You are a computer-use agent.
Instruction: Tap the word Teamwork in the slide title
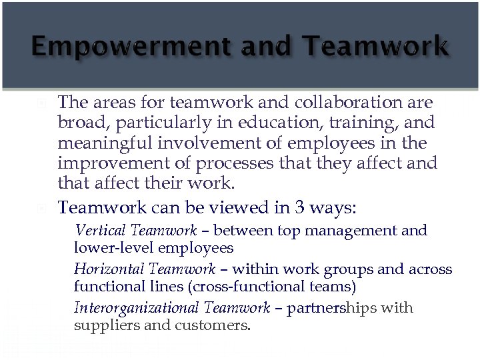pyautogui.click(x=375, y=47)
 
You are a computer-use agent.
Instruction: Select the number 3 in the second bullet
pyautogui.click(x=300, y=208)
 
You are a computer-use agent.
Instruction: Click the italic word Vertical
pyautogui.click(x=101, y=231)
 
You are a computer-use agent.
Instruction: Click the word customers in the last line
pyautogui.click(x=213, y=325)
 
